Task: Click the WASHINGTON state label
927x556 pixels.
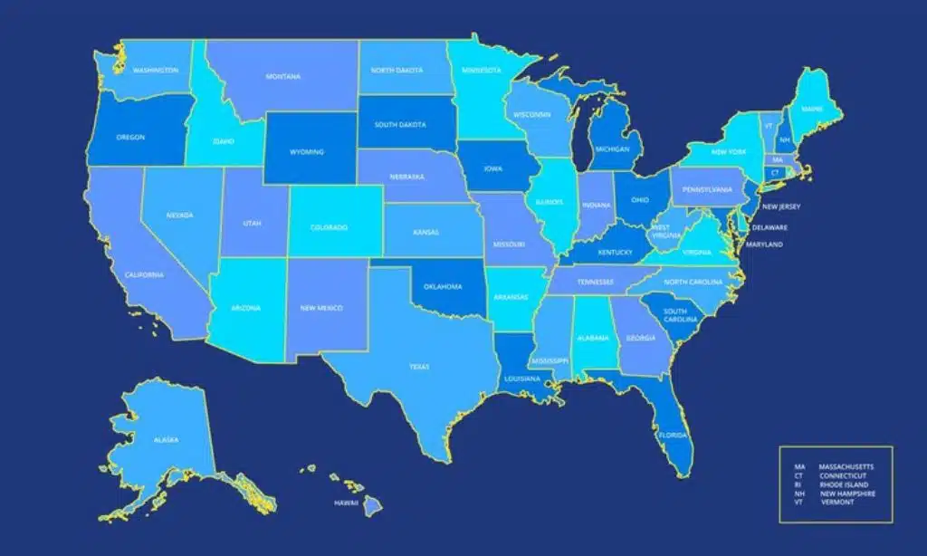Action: click(156, 70)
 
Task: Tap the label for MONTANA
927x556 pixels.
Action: click(283, 77)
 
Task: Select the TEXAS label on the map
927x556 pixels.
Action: click(419, 367)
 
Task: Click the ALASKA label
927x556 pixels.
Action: click(166, 440)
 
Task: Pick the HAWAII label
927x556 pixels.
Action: click(347, 503)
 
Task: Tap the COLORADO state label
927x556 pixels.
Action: click(330, 227)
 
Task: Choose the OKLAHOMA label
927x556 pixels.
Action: click(443, 287)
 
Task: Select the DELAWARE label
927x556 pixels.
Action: click(769, 227)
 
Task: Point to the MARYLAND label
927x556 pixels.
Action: click(764, 244)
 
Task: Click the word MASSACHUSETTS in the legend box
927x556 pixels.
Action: click(846, 466)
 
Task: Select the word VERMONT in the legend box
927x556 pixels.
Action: click(838, 502)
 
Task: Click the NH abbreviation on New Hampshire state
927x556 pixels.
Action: click(784, 140)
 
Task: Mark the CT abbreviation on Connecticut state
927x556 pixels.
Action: click(775, 172)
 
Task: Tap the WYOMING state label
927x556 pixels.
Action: click(308, 152)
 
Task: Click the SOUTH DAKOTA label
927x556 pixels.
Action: click(399, 125)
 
